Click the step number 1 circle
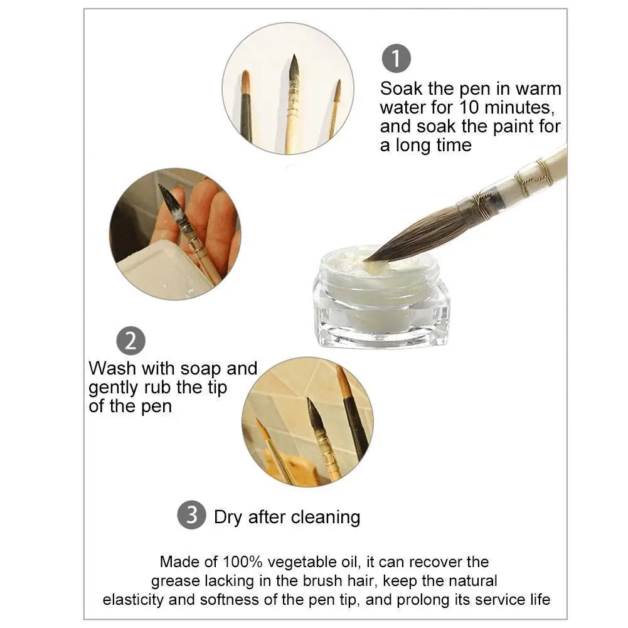pos(396,59)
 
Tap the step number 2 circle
pos(130,341)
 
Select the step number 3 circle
pos(192,515)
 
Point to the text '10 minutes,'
pos(499,107)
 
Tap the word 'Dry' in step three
pos(228,517)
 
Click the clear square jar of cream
pos(381,307)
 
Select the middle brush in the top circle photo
pos(292,104)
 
